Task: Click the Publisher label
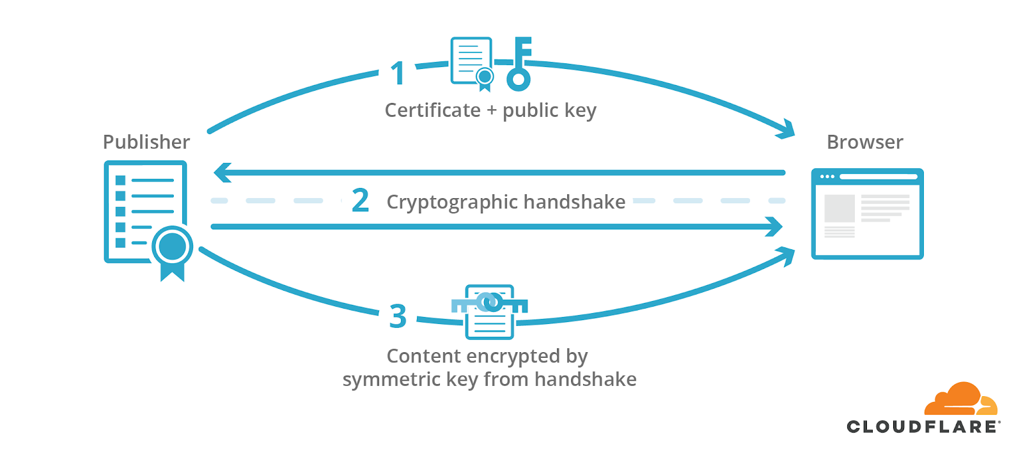(146, 142)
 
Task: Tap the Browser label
(864, 142)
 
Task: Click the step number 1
(398, 73)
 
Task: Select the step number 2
(361, 201)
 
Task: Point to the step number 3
(398, 316)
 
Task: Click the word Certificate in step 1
(432, 111)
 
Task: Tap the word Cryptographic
(452, 203)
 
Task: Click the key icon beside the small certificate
(519, 64)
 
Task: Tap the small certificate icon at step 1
(472, 63)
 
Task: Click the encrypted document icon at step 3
(490, 312)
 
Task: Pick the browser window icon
(867, 213)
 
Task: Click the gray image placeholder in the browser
(839, 208)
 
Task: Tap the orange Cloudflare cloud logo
(960, 399)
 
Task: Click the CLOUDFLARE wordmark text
(922, 427)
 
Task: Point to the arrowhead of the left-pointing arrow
(221, 173)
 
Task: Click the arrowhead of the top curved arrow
(788, 130)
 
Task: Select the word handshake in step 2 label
(574, 202)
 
